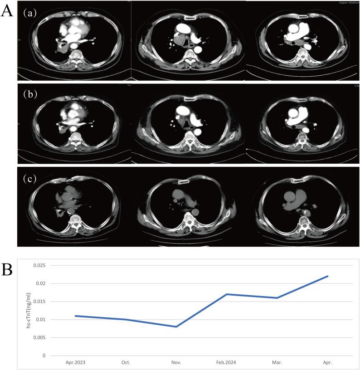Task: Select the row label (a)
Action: point(30,13)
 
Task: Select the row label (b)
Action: point(30,95)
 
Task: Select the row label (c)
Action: point(30,178)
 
